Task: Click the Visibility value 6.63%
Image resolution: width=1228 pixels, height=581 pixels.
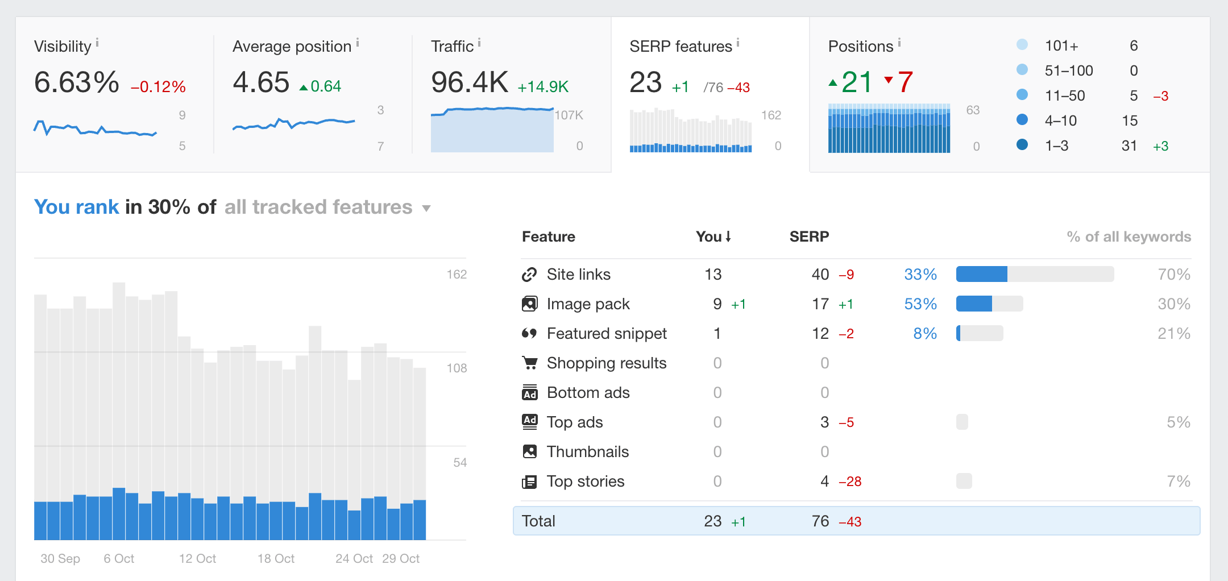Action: (76, 82)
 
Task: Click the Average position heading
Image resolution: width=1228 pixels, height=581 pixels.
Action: (292, 47)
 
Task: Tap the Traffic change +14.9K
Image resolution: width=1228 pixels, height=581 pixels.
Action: (542, 86)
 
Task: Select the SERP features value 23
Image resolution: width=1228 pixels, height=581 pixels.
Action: (645, 82)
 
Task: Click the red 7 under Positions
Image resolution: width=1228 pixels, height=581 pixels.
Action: (905, 82)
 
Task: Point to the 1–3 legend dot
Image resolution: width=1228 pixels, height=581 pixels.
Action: (1022, 145)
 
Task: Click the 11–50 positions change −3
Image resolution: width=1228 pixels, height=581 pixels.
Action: (1160, 96)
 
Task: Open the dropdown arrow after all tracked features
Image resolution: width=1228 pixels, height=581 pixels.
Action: (426, 209)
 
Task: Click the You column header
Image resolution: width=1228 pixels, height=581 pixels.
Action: (712, 236)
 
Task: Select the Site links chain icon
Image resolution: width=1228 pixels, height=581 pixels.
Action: (529, 275)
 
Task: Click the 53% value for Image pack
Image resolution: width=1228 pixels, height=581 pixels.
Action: (920, 304)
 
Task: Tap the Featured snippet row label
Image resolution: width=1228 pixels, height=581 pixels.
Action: (606, 334)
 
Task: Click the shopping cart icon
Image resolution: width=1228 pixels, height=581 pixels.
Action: (529, 363)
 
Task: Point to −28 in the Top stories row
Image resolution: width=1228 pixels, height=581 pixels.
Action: (850, 482)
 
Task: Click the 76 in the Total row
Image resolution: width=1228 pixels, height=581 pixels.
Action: (820, 521)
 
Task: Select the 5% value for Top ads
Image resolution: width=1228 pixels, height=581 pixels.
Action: (1178, 422)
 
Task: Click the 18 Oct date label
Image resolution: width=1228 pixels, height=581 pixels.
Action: (276, 559)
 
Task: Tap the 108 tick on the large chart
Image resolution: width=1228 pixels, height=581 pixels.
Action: (457, 368)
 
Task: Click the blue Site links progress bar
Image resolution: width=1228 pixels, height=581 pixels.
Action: (981, 275)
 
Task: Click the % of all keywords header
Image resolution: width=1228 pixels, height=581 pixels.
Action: (1129, 236)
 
